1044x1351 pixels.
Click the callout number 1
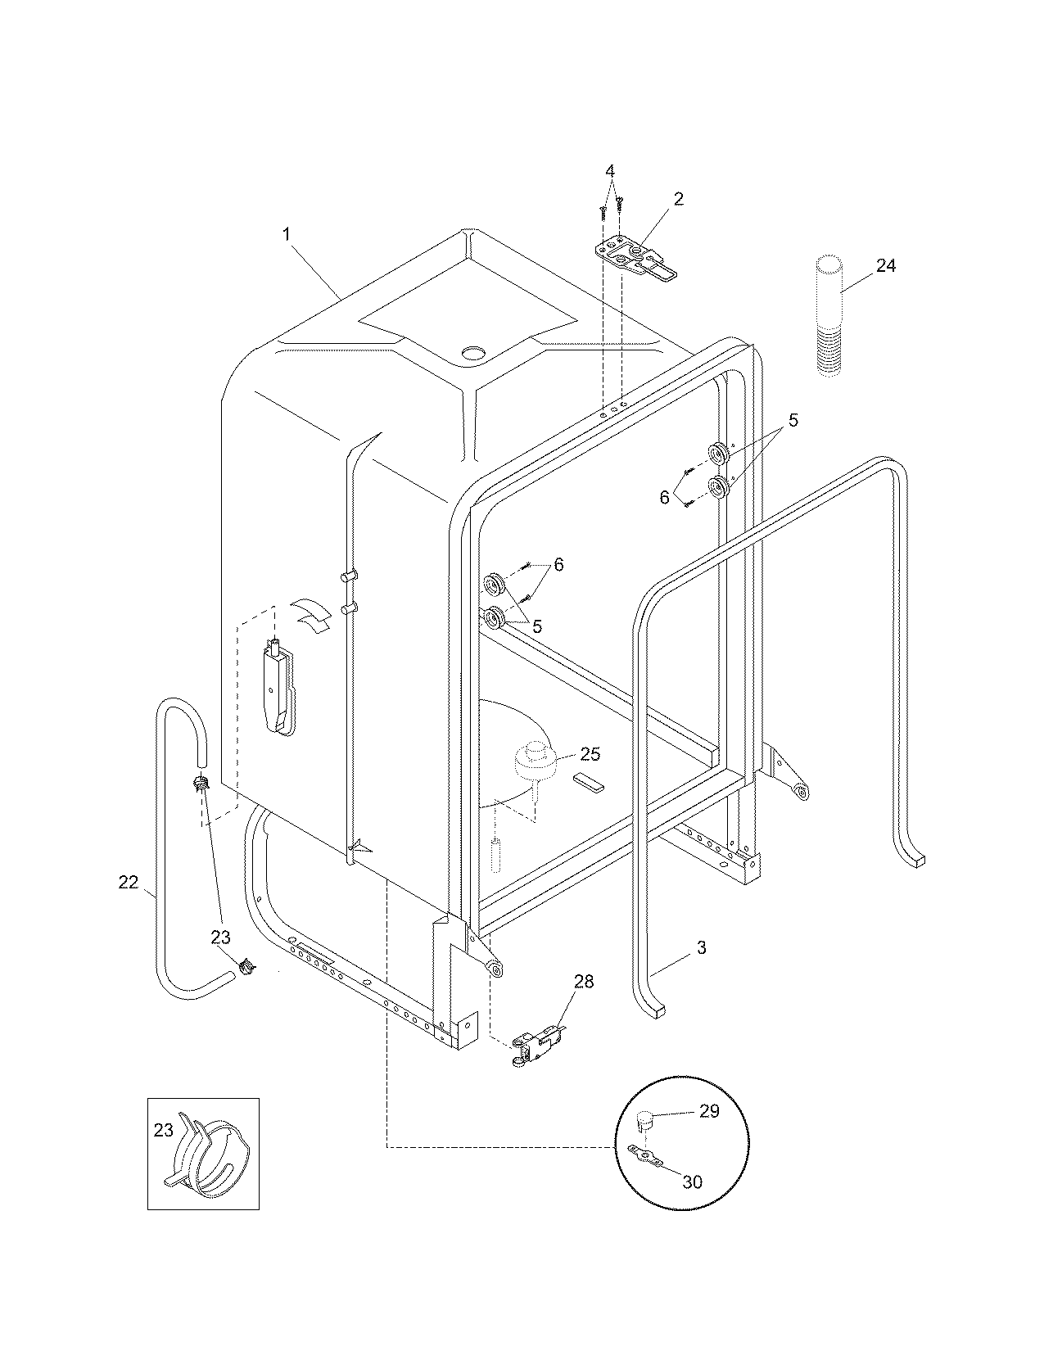287,233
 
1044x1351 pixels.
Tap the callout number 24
886,266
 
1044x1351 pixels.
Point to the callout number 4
610,171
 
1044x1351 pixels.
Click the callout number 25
590,754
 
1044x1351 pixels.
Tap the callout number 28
584,981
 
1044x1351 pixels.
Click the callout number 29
709,1110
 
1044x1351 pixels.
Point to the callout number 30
692,1182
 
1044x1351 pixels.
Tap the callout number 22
129,882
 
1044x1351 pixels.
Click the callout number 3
701,948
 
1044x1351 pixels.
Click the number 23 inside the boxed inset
164,1130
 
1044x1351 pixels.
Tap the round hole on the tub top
473,353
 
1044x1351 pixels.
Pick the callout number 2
678,198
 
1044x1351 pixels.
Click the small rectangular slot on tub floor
590,781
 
